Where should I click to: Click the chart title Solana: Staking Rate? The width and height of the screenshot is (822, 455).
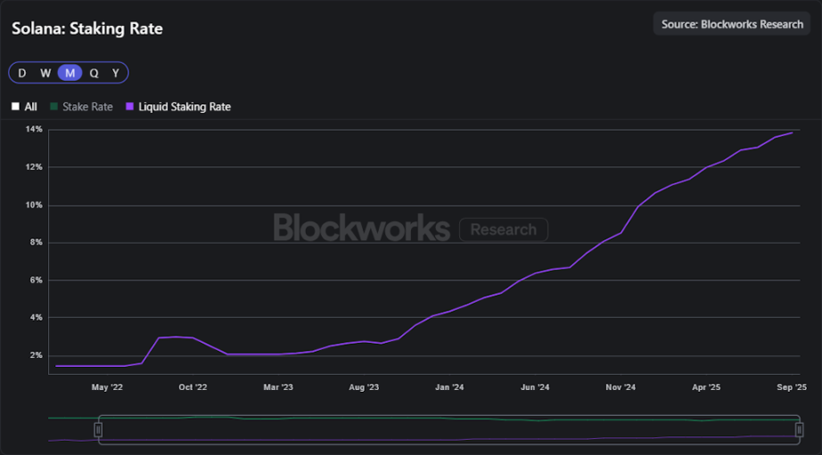pyautogui.click(x=86, y=28)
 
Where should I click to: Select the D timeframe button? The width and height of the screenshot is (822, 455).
pyautogui.click(x=22, y=73)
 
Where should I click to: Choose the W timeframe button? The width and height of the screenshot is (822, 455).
pyautogui.click(x=45, y=73)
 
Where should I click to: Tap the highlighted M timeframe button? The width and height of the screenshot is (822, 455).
pyautogui.click(x=70, y=73)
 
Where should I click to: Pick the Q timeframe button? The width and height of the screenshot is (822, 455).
pyautogui.click(x=94, y=73)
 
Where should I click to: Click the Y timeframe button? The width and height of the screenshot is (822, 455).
pyautogui.click(x=116, y=73)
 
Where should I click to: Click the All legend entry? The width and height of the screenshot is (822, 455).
pyautogui.click(x=24, y=107)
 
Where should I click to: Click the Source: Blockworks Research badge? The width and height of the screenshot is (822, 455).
pyautogui.click(x=732, y=24)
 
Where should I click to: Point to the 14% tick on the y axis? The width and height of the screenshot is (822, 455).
pyautogui.click(x=34, y=130)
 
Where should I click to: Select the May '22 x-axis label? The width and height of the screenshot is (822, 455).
pyautogui.click(x=107, y=387)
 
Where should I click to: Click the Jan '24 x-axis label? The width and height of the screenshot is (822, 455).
pyautogui.click(x=449, y=387)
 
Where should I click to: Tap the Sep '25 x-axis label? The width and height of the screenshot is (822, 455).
pyautogui.click(x=792, y=387)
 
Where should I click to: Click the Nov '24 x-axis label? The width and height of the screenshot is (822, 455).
pyautogui.click(x=621, y=387)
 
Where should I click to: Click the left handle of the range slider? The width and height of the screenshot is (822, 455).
pyautogui.click(x=99, y=430)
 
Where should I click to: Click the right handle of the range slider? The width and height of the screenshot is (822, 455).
pyautogui.click(x=800, y=430)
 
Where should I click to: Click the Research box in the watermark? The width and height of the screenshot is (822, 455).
pyautogui.click(x=503, y=230)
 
